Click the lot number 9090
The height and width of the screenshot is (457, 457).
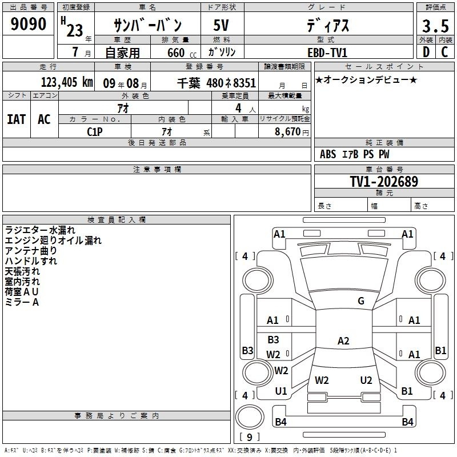tap(28, 23)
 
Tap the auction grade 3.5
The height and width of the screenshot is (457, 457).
tap(435, 26)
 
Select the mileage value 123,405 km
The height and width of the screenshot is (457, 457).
tap(67, 82)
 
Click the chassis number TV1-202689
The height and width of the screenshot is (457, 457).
tap(384, 182)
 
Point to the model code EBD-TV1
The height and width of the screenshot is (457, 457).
tap(327, 53)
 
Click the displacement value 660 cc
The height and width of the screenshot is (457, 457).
tap(182, 53)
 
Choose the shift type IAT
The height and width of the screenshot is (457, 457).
tap(17, 119)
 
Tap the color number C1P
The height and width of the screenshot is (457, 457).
tap(95, 132)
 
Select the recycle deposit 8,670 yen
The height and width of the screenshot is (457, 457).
tap(292, 132)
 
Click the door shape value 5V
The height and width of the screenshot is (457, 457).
tap(221, 25)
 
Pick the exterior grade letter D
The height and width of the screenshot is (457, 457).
tap(426, 52)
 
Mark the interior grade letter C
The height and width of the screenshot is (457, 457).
tap(444, 52)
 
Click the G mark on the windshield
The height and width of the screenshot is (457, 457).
tap(361, 301)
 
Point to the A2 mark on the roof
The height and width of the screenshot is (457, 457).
tap(343, 340)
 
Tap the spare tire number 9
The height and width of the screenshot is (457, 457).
tap(250, 437)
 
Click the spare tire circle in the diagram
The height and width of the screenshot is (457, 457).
tap(250, 417)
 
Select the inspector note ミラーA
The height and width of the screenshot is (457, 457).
tap(22, 302)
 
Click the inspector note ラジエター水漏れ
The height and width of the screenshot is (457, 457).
tap(40, 230)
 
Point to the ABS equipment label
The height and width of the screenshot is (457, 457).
tap(328, 154)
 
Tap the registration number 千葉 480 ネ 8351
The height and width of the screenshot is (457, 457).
tap(217, 83)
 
